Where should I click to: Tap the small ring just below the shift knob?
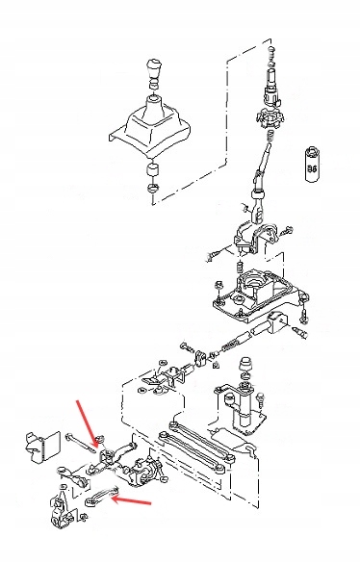point(154,86)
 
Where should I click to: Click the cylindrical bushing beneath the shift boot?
point(153,170)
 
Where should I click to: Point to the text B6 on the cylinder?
point(312,168)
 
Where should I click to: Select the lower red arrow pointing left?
point(132,500)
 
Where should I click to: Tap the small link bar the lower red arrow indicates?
point(102,497)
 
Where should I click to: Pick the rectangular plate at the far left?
point(42,446)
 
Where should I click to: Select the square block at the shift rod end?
point(278,322)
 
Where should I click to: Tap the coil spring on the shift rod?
point(231,345)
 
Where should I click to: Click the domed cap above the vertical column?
point(245,364)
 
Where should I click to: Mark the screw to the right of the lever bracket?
point(286,231)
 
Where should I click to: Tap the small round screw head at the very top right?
point(271,48)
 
